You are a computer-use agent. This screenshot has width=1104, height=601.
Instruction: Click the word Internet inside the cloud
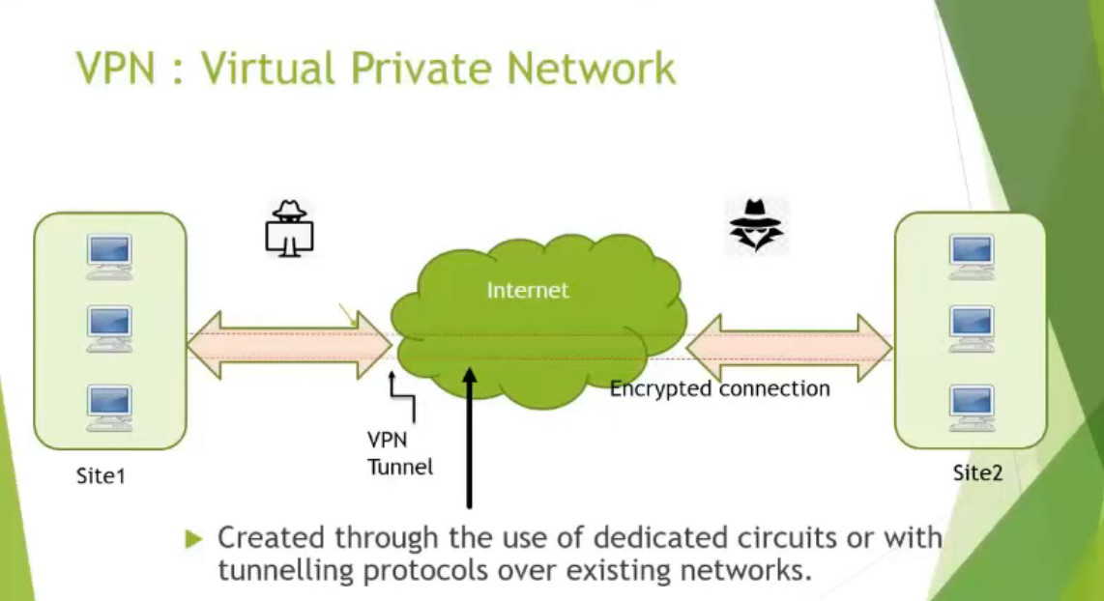(528, 290)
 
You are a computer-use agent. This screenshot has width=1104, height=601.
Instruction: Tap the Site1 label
(102, 475)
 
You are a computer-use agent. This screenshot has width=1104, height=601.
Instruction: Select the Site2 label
(977, 473)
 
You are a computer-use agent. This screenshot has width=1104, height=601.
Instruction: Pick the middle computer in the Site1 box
(109, 329)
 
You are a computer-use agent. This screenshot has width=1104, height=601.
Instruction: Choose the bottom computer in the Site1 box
(109, 406)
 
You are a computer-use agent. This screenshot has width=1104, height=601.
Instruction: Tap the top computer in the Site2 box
(971, 254)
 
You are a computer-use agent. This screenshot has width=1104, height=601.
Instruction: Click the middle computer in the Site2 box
(971, 327)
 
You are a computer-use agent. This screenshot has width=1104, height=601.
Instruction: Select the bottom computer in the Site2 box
(971, 404)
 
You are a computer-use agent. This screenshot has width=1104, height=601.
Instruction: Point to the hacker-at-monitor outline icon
(289, 229)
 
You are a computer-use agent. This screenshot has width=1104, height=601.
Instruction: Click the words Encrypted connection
(719, 388)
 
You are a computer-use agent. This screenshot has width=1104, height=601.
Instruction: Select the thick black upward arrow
(470, 435)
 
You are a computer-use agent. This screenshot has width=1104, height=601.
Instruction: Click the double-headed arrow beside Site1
(290, 344)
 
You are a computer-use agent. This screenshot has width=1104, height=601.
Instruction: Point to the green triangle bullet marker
(194, 538)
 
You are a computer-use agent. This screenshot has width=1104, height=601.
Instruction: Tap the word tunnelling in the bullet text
(276, 569)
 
